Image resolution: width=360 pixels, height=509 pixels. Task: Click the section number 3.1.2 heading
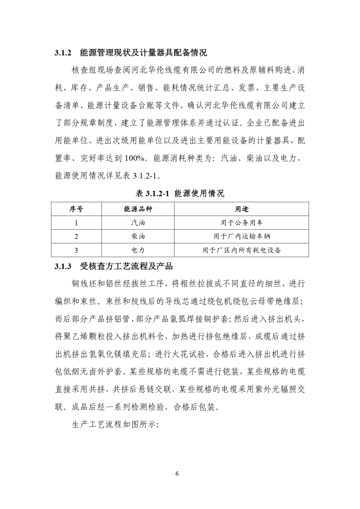click(64, 53)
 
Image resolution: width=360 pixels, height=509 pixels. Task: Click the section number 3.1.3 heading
click(64, 266)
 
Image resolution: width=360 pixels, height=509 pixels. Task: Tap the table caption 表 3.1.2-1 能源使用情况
click(180, 193)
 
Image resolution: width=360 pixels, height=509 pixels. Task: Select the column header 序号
click(76, 209)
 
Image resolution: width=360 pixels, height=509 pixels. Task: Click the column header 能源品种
click(138, 209)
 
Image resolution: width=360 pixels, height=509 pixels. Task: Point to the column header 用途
click(242, 209)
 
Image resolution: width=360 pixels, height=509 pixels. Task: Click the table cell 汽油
click(138, 223)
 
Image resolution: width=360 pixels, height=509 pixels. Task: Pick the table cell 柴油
click(138, 236)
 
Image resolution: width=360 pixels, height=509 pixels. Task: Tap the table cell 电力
click(138, 250)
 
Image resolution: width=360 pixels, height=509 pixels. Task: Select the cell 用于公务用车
click(242, 223)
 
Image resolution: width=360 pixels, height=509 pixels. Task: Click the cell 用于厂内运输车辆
click(242, 236)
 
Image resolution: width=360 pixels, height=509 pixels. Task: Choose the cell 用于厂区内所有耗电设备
click(242, 250)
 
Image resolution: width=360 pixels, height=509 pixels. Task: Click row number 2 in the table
click(76, 236)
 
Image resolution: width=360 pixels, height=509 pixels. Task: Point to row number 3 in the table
click(76, 250)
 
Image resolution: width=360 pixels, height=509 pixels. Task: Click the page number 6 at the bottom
click(177, 473)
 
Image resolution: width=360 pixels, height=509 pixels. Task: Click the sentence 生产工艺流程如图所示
click(115, 424)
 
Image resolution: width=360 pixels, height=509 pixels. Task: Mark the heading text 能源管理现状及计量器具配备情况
click(143, 53)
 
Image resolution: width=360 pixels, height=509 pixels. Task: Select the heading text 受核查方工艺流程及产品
click(126, 266)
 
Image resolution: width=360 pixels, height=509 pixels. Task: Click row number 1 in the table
click(76, 223)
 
